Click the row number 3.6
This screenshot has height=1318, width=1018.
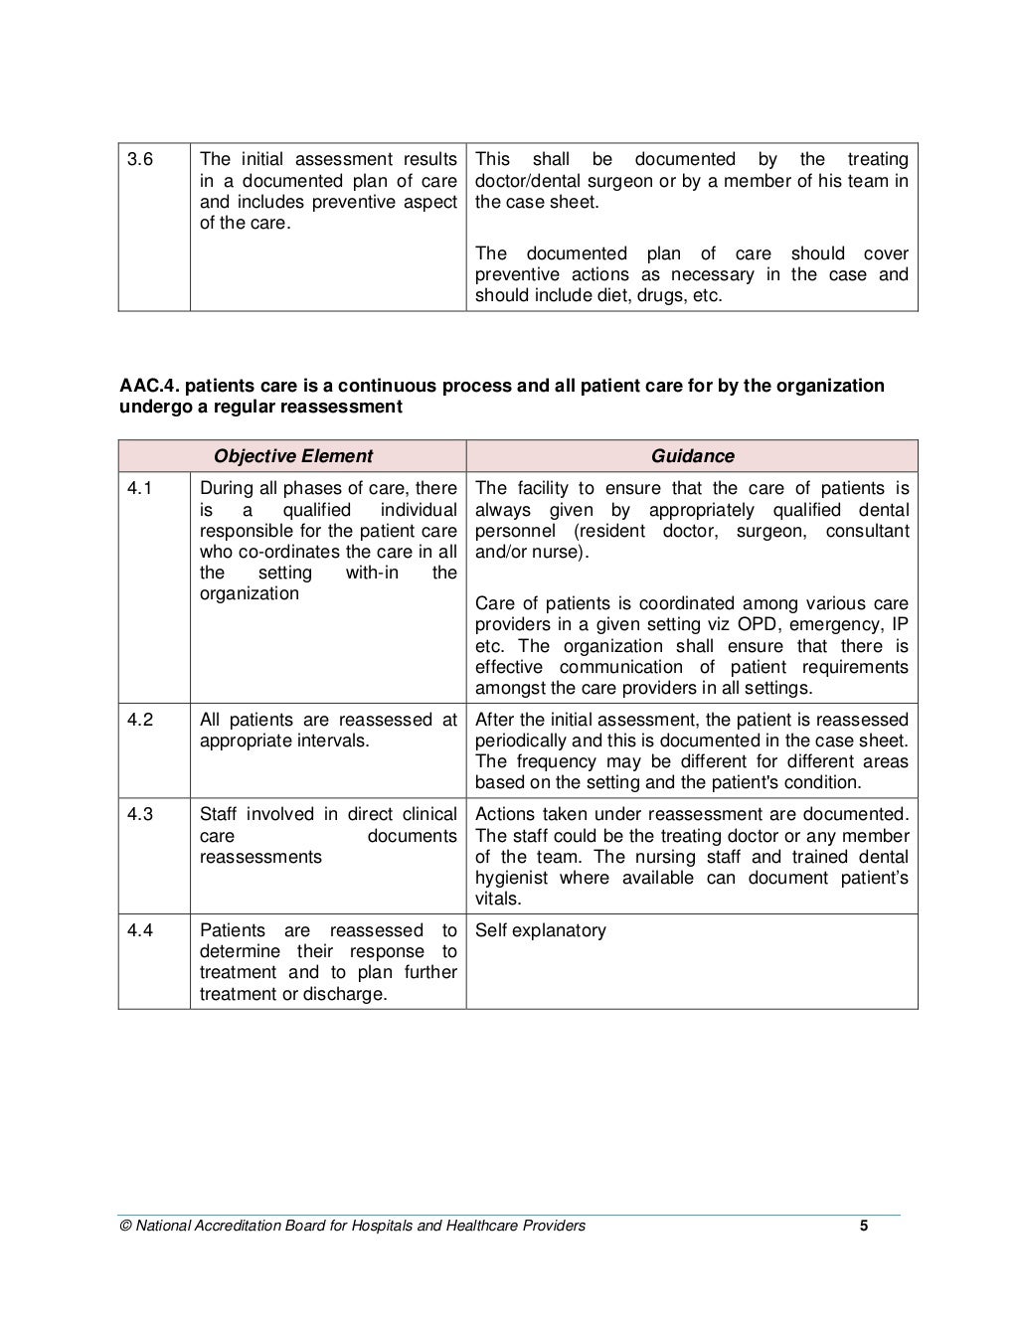(x=140, y=159)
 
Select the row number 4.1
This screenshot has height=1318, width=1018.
(x=140, y=488)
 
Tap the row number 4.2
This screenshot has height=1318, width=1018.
(x=140, y=720)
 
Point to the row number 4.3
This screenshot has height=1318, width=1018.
(x=140, y=814)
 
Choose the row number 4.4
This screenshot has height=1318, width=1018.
(x=140, y=930)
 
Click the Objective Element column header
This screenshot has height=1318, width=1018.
(x=292, y=456)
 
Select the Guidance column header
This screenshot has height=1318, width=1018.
(x=692, y=456)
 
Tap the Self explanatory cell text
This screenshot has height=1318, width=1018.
(x=540, y=930)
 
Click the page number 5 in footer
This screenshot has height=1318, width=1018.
(x=864, y=1226)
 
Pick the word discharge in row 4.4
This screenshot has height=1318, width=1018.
(x=348, y=994)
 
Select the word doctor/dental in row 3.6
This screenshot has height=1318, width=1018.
(x=530, y=181)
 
